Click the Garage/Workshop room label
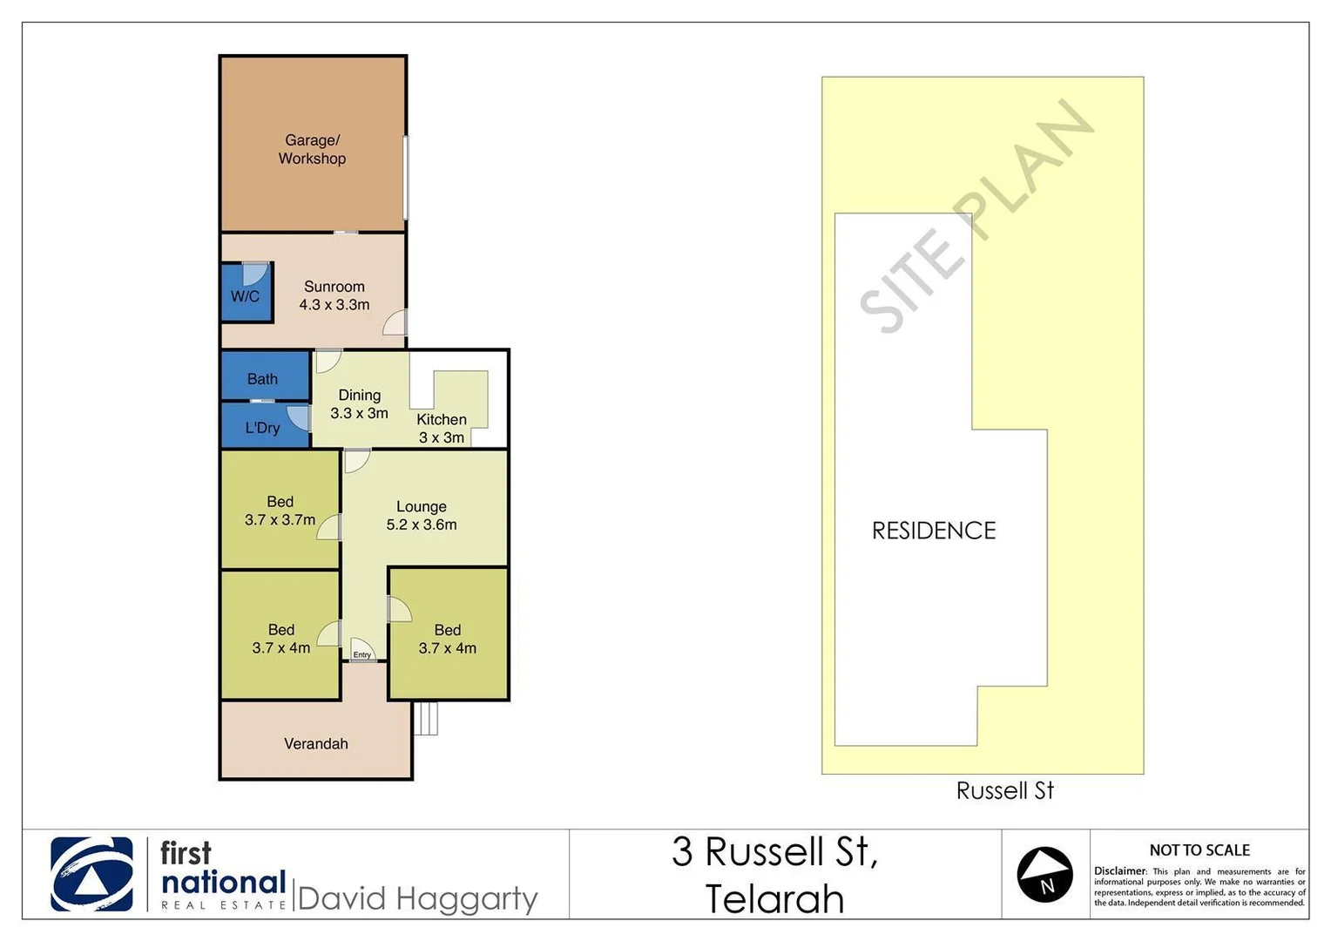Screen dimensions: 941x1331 tap(312, 149)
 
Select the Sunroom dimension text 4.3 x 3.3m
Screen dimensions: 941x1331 tap(334, 305)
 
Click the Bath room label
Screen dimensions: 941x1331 tap(262, 379)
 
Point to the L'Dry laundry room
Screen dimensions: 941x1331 tap(262, 428)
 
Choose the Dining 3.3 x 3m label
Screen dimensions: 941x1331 tap(359, 404)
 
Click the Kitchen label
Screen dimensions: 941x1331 tap(442, 420)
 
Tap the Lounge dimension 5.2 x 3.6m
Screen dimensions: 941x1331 tap(422, 525)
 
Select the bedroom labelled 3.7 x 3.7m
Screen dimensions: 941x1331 tap(280, 511)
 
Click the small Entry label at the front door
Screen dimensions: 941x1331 tap(362, 654)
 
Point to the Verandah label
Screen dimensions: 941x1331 tap(315, 744)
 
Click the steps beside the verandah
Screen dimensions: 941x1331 tap(426, 719)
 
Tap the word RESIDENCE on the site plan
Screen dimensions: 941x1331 tap(934, 531)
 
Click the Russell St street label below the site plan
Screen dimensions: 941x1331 tap(1004, 791)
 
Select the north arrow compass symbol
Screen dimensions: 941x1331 tap(1044, 874)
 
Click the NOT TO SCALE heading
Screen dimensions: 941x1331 tap(1199, 850)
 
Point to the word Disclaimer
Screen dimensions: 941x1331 tap(1119, 871)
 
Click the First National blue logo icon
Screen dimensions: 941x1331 tap(92, 874)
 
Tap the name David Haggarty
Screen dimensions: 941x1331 tap(417, 898)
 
